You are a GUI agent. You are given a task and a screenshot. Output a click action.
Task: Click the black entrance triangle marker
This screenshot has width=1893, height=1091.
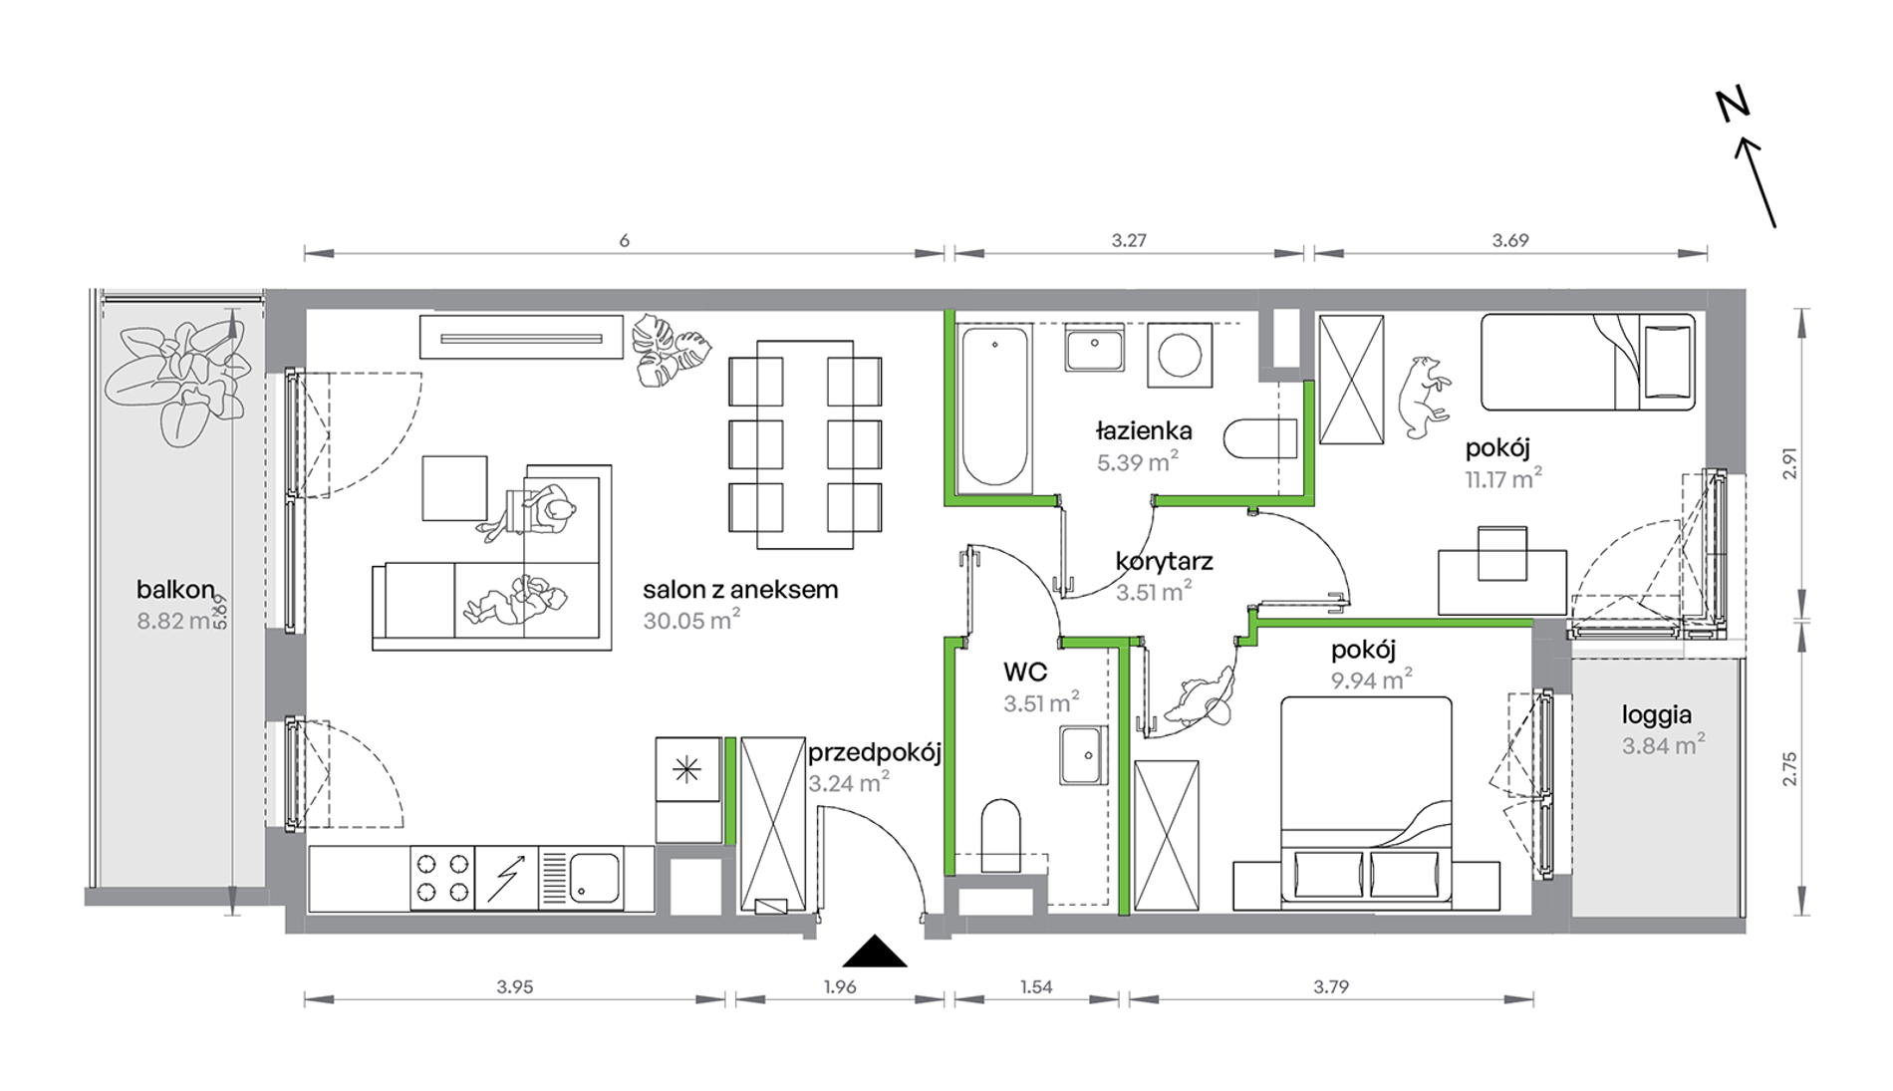coord(875,953)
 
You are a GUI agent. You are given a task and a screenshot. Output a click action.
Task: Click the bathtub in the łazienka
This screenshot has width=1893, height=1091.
coord(994,408)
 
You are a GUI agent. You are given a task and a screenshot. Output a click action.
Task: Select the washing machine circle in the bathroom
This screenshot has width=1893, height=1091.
coord(1180,355)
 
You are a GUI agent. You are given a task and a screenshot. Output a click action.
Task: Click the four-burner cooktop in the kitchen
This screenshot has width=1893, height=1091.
coord(442,878)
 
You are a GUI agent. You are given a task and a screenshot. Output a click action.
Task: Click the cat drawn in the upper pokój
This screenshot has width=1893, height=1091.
coord(1423,397)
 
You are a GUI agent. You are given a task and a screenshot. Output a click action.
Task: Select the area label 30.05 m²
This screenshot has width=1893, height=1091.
coord(691,620)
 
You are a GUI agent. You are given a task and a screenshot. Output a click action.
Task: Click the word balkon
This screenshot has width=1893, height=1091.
coord(175,589)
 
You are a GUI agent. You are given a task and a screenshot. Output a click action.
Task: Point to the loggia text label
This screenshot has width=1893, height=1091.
coord(1657,715)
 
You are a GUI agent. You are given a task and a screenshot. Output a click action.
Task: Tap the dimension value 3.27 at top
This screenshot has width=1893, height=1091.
coord(1129,240)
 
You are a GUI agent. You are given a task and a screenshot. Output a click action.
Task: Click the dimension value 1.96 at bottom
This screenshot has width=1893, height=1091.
coord(840,986)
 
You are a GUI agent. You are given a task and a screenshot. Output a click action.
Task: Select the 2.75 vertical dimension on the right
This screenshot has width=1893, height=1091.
coord(1789,769)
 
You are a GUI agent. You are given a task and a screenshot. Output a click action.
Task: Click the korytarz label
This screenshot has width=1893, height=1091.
coord(1164,561)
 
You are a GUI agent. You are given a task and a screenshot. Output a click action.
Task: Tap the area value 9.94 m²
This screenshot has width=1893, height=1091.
coord(1372,680)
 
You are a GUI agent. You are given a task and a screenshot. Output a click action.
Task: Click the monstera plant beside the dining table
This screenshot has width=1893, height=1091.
coord(672,351)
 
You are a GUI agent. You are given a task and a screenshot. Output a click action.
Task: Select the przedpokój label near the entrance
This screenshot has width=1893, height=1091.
coord(875,752)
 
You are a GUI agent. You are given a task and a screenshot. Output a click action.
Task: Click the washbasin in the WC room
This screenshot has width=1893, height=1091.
coord(1082,754)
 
